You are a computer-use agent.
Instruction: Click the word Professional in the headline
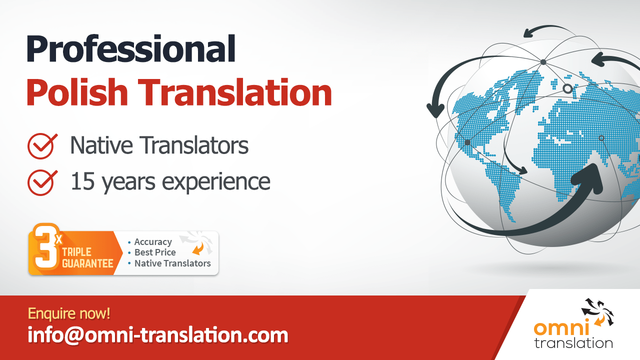point(131,49)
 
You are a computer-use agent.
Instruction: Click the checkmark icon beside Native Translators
point(41,145)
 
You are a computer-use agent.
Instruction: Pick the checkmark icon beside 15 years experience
point(41,181)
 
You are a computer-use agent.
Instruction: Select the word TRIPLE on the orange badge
point(77,252)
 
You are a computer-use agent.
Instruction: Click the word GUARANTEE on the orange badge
point(88,263)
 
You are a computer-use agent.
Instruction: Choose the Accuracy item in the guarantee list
point(152,242)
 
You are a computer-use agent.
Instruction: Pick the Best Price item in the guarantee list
point(154,252)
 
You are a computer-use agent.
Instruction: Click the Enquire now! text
point(69,313)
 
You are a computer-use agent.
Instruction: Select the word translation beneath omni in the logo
point(573,343)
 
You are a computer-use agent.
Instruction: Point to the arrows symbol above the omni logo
point(597,312)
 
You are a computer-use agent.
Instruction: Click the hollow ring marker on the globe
point(567,88)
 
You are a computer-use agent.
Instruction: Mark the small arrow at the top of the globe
point(530,34)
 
